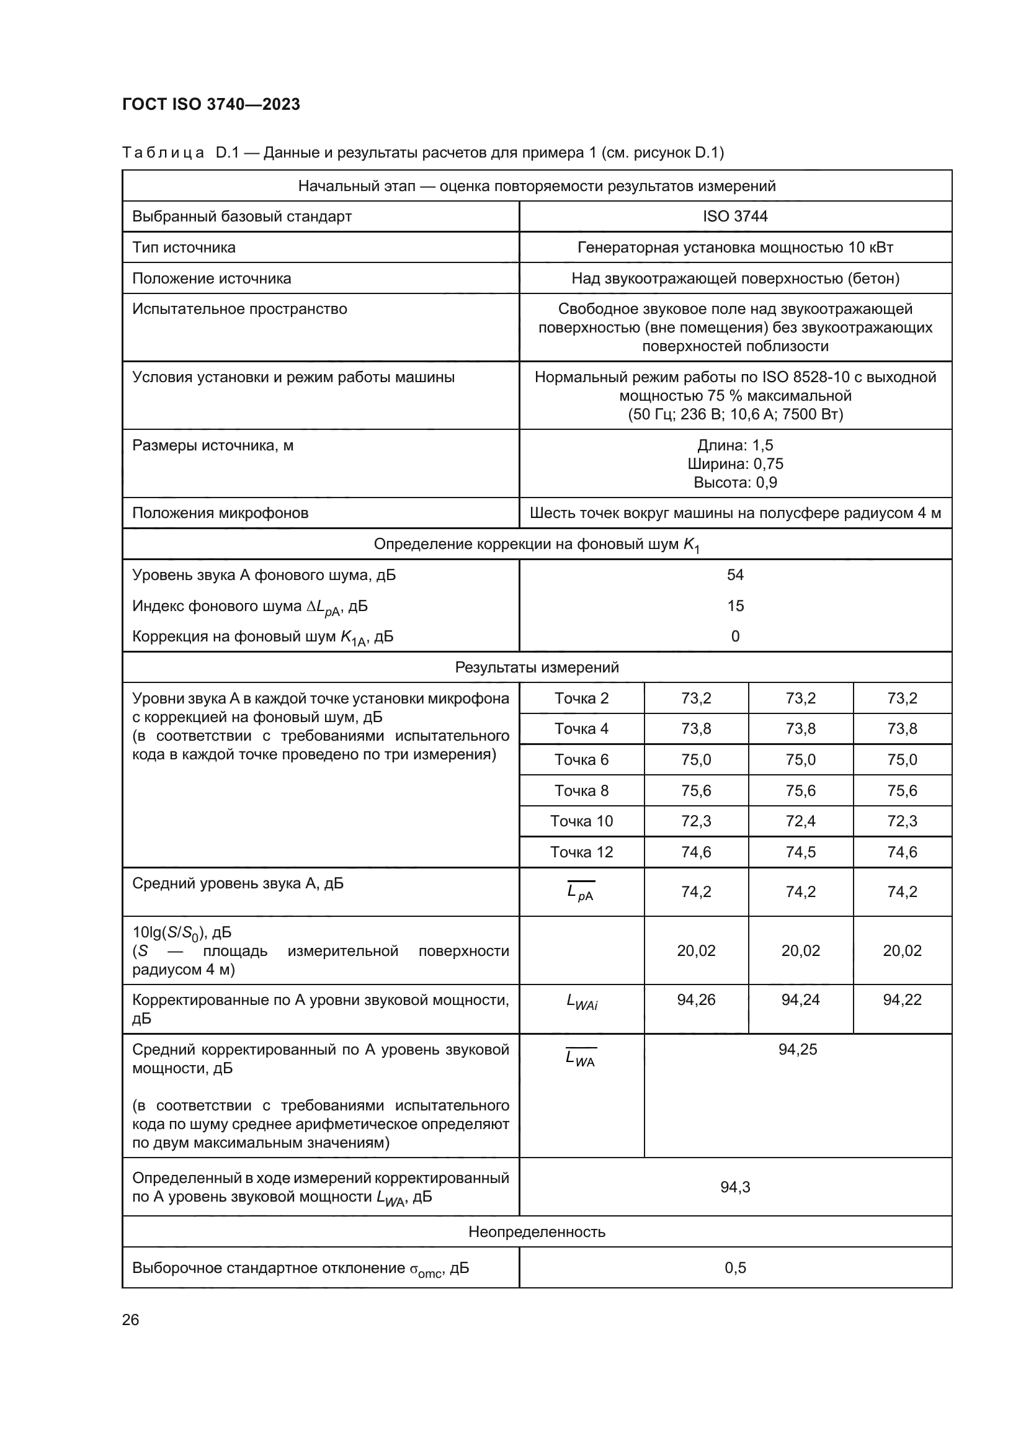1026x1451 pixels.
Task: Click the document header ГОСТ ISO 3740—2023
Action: tap(211, 104)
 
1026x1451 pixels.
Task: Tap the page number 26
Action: tap(131, 1320)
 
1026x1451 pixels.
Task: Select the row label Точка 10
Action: tap(581, 821)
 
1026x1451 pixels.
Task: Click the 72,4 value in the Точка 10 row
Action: tap(800, 821)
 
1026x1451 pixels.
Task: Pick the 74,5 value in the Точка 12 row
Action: tap(800, 852)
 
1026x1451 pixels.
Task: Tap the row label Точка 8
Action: tap(581, 790)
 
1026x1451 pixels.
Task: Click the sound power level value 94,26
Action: tap(695, 1000)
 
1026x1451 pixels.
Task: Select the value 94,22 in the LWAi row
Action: tap(901, 1000)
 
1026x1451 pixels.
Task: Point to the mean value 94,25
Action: tap(797, 1050)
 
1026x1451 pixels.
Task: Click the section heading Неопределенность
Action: tap(537, 1232)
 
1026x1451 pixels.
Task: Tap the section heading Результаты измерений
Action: tap(537, 667)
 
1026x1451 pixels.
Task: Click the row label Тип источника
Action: tap(184, 247)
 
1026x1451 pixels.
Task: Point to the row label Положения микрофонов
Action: tap(220, 512)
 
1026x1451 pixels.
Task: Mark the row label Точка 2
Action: tap(581, 699)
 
